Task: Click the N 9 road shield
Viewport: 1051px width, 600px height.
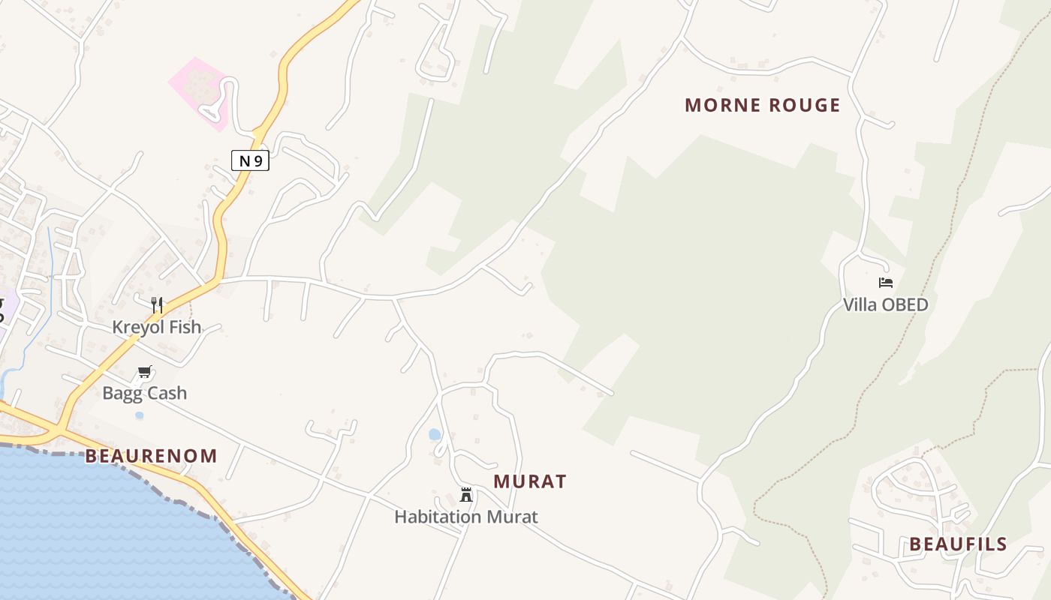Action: point(250,160)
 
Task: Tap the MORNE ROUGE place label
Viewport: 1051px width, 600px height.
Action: point(762,105)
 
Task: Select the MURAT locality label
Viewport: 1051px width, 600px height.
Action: point(530,481)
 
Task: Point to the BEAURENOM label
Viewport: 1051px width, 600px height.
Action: point(151,456)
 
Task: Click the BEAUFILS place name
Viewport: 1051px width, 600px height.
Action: point(958,544)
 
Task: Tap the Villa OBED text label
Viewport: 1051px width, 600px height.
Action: point(885,304)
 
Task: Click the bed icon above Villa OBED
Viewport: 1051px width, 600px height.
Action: point(886,283)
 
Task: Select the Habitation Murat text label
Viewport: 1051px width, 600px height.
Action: point(465,517)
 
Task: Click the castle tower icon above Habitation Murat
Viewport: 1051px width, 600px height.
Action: point(466,494)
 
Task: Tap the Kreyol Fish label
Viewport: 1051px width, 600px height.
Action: point(157,327)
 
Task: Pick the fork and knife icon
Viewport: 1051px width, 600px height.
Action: point(157,304)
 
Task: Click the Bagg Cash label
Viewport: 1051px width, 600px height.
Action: point(144,393)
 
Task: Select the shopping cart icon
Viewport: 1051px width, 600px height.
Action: point(145,371)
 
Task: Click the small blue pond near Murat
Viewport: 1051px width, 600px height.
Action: point(435,434)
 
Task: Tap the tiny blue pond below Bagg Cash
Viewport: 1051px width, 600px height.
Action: point(139,415)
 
